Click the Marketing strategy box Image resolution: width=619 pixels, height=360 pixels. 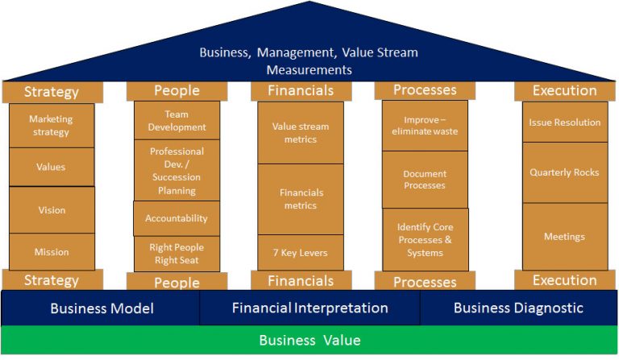pyautogui.click(x=51, y=126)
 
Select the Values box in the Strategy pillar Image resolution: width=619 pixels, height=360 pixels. pyautogui.click(x=51, y=168)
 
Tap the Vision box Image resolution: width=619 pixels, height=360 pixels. pyautogui.click(x=52, y=210)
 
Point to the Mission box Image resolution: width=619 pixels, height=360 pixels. pyautogui.click(x=52, y=252)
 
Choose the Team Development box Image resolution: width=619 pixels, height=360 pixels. pyautogui.click(x=176, y=121)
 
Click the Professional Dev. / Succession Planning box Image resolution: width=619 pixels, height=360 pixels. pyautogui.click(x=177, y=171)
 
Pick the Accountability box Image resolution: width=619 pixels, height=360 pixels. pyautogui.click(x=177, y=218)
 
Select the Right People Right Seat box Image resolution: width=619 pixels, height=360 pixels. pyautogui.click(x=177, y=253)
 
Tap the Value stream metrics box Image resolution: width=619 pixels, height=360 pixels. pyautogui.click(x=301, y=133)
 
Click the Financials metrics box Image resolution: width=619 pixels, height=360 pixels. pyautogui.click(x=301, y=199)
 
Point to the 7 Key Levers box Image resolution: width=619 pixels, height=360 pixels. pyautogui.click(x=301, y=252)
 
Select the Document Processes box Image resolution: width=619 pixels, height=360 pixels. pyautogui.click(x=425, y=180)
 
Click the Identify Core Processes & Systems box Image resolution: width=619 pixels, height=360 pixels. pyautogui.click(x=425, y=239)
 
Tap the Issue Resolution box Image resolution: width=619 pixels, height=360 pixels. pyautogui.click(x=565, y=122)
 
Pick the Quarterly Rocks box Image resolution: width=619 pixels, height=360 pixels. pyautogui.click(x=565, y=172)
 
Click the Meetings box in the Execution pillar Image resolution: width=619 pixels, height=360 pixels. pyautogui.click(x=565, y=237)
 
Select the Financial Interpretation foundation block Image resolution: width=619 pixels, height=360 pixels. pyautogui.click(x=309, y=308)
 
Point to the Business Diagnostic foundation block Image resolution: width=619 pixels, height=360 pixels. pyautogui.click(x=518, y=308)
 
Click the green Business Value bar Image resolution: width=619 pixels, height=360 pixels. pyautogui.click(x=309, y=340)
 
